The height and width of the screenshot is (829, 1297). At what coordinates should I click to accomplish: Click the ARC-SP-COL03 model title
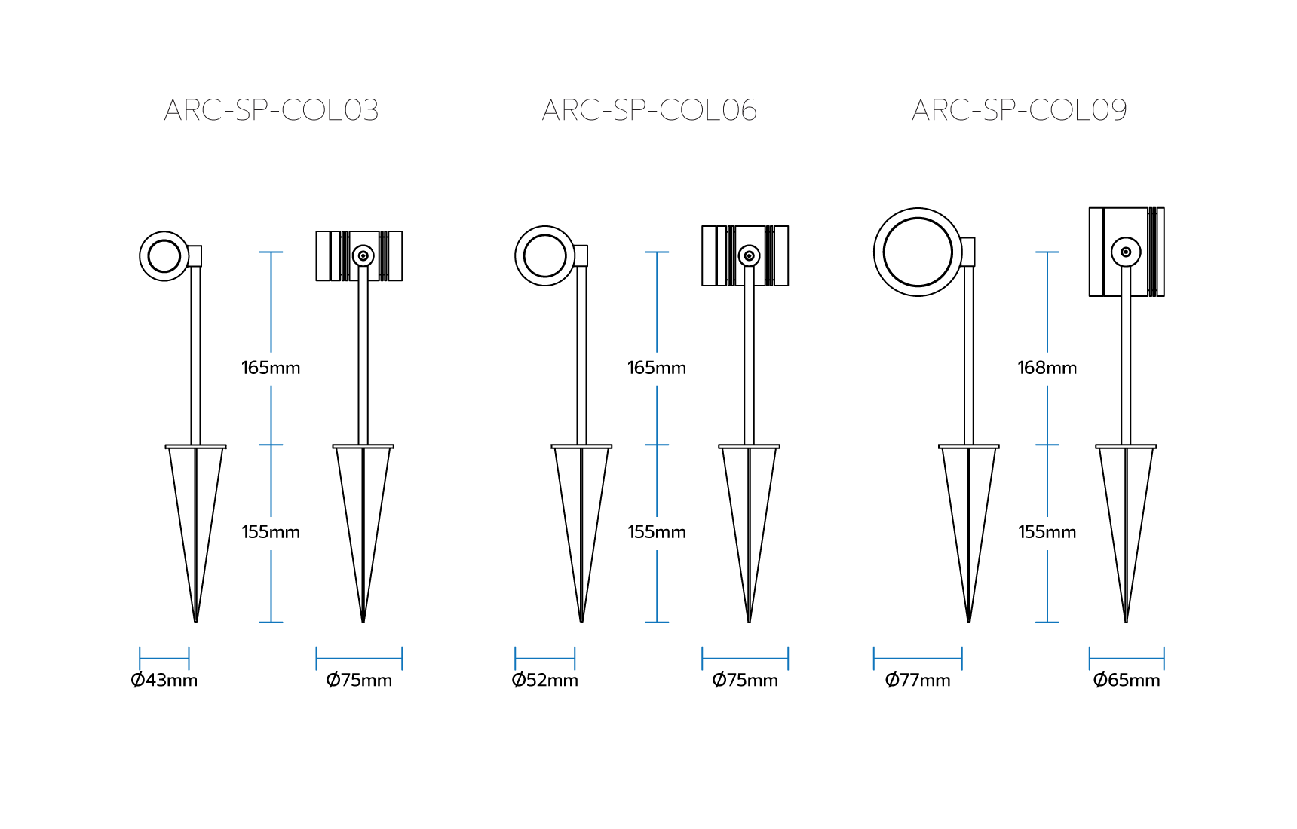(x=271, y=110)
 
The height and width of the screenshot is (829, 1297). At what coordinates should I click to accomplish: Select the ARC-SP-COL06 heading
(x=649, y=110)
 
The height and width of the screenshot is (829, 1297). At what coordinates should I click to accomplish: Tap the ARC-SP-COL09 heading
(x=1020, y=110)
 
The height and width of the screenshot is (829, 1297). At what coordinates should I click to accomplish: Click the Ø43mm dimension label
(x=164, y=680)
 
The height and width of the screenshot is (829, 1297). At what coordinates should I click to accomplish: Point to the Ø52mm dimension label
(x=545, y=680)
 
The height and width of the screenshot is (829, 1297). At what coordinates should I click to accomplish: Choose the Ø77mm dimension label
(x=918, y=680)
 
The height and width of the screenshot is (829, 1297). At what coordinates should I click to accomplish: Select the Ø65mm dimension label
(x=1127, y=680)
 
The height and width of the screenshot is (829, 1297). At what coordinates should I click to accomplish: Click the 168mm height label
(x=1047, y=368)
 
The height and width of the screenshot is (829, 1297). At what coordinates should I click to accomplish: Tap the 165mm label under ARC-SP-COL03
(x=271, y=368)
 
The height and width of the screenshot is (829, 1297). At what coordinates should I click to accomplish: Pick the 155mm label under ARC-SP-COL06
(x=657, y=532)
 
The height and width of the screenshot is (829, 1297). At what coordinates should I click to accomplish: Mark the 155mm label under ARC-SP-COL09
(x=1047, y=532)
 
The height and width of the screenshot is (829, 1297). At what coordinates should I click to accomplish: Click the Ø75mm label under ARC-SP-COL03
(x=359, y=680)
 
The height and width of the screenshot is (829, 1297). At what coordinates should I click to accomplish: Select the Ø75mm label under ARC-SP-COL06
(x=745, y=680)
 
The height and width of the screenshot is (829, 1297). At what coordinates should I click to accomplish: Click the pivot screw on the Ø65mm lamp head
(x=1126, y=252)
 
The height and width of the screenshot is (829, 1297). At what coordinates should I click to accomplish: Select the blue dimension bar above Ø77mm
(x=918, y=659)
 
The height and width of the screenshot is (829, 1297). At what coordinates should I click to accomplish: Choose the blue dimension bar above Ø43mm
(x=164, y=659)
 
